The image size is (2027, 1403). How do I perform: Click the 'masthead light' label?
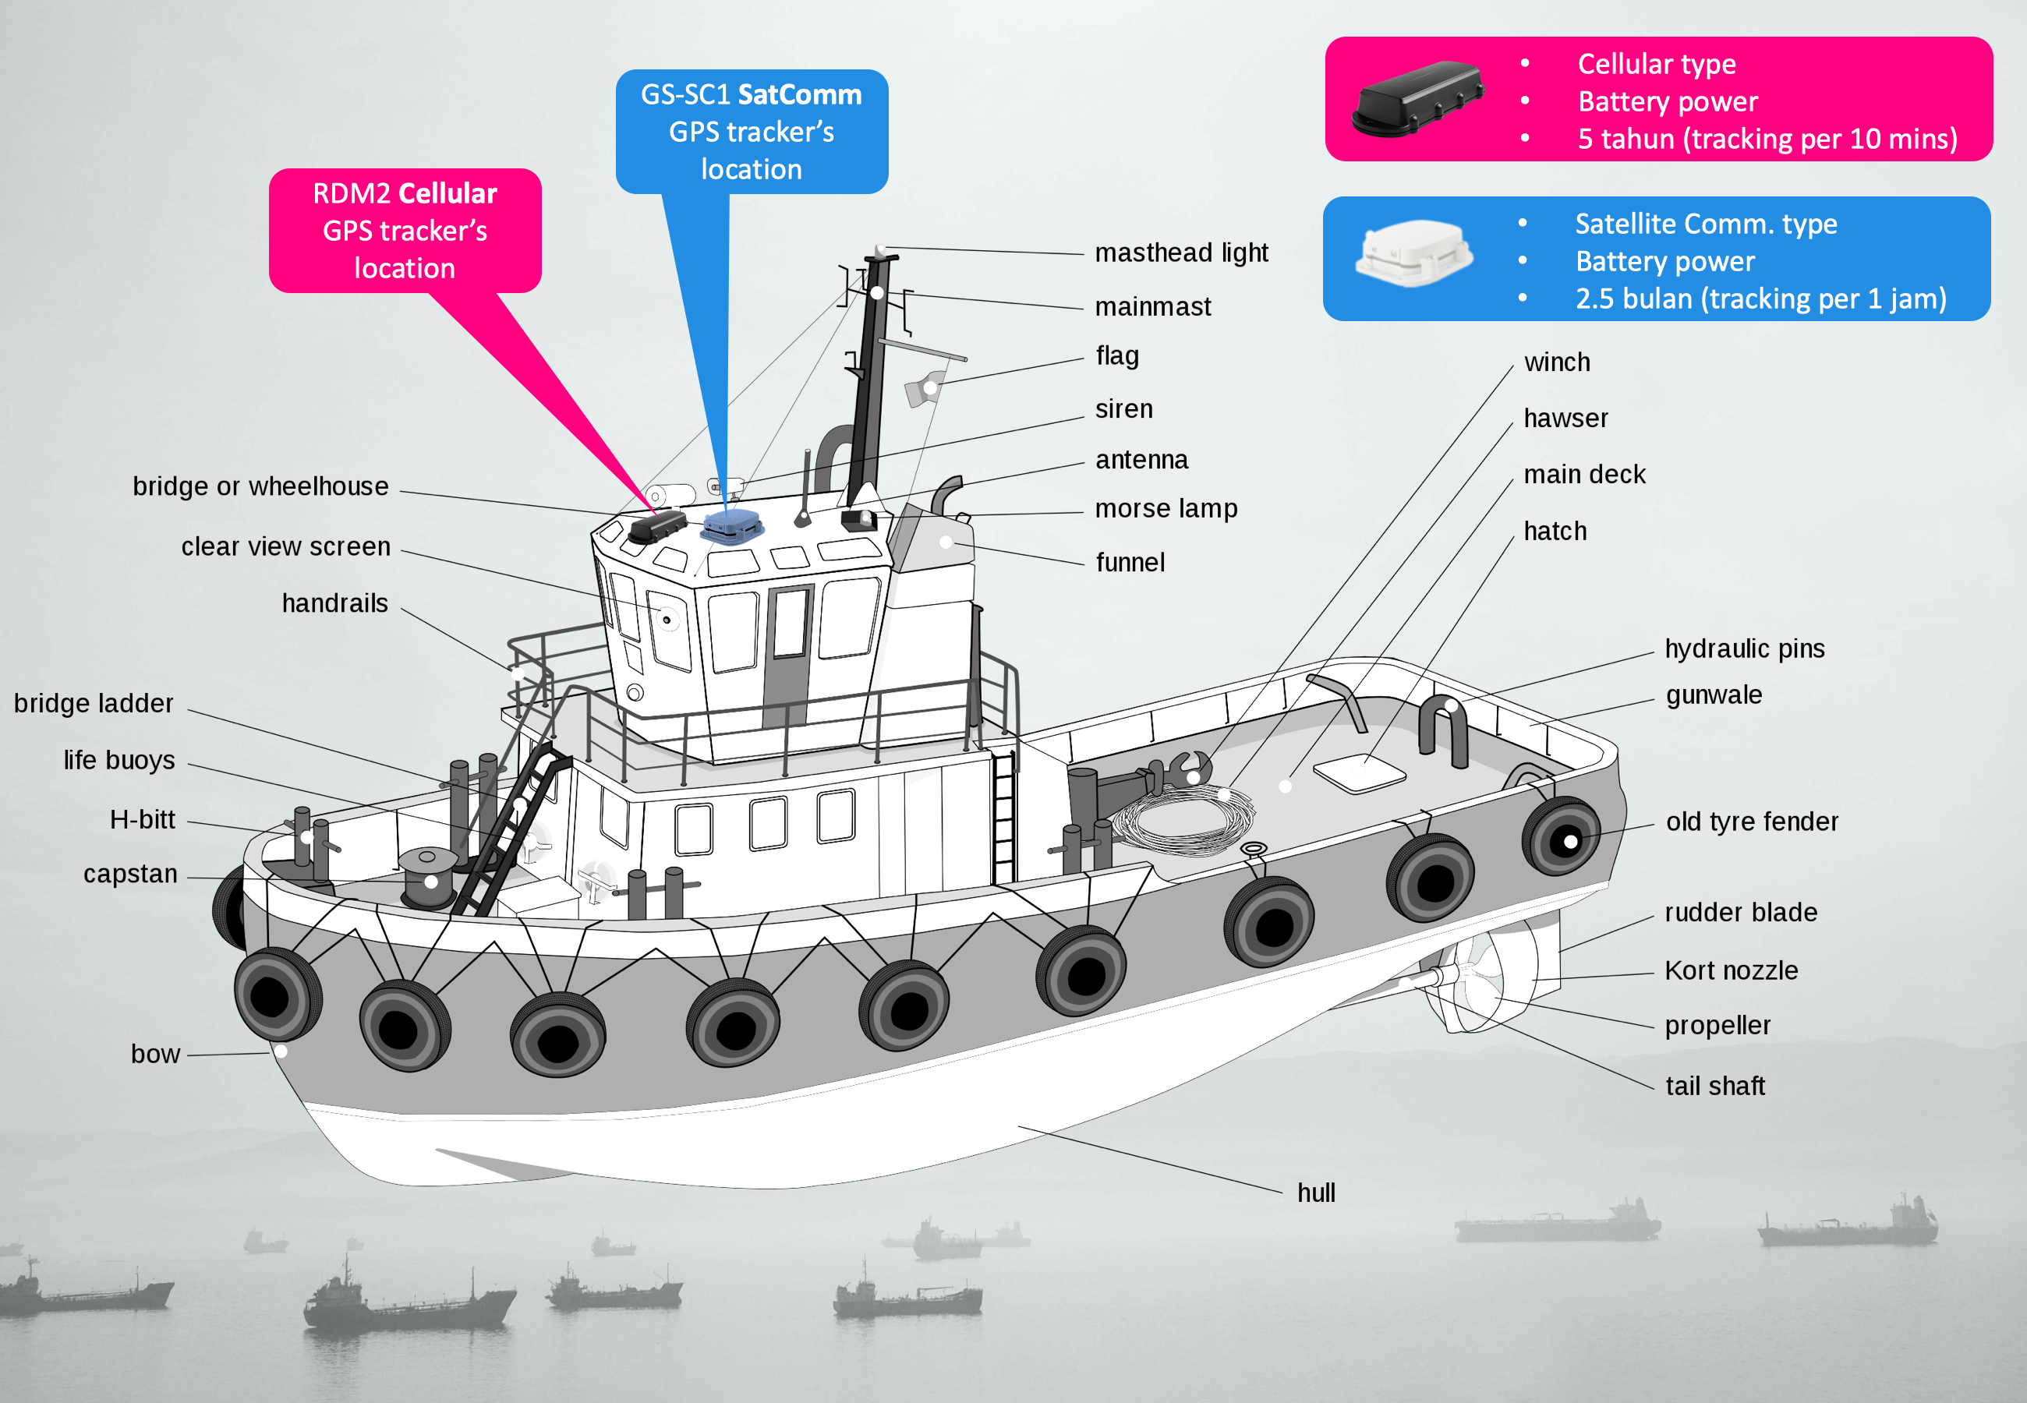[x=1180, y=253]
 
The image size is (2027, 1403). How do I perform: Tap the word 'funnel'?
[x=1130, y=563]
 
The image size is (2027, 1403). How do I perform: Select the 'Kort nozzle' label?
[x=1731, y=970]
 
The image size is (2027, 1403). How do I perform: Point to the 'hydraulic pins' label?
[x=1744, y=648]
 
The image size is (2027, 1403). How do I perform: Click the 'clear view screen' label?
[x=285, y=547]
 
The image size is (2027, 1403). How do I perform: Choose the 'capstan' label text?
[x=130, y=874]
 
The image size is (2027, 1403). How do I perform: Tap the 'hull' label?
[x=1316, y=1193]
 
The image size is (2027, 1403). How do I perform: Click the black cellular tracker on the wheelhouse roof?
[x=656, y=527]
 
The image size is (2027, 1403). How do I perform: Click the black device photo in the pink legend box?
[x=1417, y=98]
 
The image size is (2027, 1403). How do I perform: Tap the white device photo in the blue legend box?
[x=1413, y=254]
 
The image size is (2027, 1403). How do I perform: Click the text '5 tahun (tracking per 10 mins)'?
[x=1767, y=139]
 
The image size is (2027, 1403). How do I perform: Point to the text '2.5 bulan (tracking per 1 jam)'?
[x=1760, y=299]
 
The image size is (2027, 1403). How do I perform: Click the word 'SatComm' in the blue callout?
[x=799, y=95]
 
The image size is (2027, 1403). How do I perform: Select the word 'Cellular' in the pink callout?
[x=447, y=193]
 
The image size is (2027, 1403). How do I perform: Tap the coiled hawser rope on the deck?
[x=1182, y=822]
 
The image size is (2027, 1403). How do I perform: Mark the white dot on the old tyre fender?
[x=1571, y=841]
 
